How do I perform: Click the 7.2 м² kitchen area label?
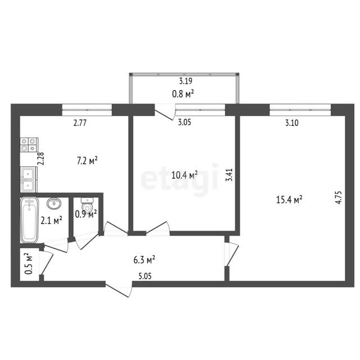(87, 161)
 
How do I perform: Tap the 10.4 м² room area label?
(184, 175)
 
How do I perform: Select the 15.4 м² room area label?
(289, 200)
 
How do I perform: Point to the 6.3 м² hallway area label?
(144, 260)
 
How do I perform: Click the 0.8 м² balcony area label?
(183, 94)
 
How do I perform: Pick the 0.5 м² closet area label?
(29, 264)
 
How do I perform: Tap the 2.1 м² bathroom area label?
(51, 220)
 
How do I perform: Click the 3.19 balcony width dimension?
(186, 81)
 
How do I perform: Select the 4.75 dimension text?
(339, 197)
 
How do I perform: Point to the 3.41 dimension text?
(229, 175)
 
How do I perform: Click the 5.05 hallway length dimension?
(145, 276)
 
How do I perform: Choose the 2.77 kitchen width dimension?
(80, 123)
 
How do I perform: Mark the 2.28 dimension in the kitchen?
(41, 159)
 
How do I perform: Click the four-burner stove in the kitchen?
(29, 145)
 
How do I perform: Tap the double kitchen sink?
(29, 179)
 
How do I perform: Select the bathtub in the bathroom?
(29, 220)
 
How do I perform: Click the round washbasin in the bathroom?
(54, 203)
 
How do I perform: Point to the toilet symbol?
(87, 205)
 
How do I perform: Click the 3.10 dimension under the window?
(292, 123)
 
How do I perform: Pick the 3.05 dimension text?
(184, 122)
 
